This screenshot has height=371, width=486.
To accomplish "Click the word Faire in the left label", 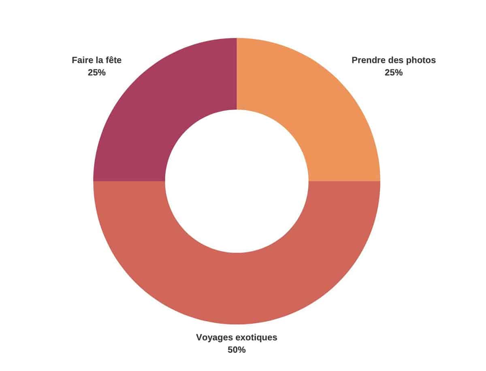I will pos(82,60).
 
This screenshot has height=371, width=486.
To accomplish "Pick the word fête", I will pos(113,60).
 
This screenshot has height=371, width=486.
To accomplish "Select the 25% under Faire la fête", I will pos(97,73).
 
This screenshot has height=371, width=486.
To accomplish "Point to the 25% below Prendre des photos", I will pos(394,73).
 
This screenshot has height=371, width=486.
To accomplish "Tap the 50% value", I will pos(237,350).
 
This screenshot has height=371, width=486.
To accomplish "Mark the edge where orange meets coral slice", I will pos(344,181).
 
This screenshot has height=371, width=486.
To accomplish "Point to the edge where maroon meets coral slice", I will pos(129,181).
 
